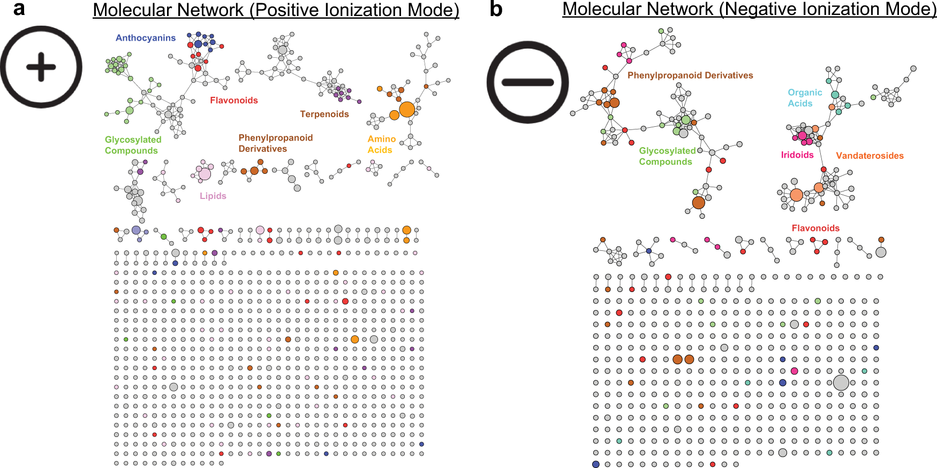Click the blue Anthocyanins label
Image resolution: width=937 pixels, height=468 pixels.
pos(146,38)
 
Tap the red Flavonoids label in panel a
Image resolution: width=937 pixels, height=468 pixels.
pos(233,101)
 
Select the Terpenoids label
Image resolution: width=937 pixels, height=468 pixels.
pos(324,114)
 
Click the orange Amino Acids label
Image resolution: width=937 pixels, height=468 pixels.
pos(381,144)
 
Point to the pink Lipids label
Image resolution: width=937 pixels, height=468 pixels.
pos(213,196)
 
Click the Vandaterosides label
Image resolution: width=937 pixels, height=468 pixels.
pos(870,156)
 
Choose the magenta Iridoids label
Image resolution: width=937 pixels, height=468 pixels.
pos(797,155)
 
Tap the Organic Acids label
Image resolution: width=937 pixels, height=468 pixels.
pos(804,98)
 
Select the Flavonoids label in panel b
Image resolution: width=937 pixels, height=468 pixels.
pos(815,228)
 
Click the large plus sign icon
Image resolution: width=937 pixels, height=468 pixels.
pos(41,67)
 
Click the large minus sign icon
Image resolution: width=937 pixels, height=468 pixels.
pos(527,82)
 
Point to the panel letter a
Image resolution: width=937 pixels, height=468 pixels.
pos(19,9)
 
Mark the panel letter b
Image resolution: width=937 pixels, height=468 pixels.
pos(496,9)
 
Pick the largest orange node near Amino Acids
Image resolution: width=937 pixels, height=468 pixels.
pos(407,109)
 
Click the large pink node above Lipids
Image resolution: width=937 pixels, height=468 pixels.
pos(205,173)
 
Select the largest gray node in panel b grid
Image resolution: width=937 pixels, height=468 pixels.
pos(841,382)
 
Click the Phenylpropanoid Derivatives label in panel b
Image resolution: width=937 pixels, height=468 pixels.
pos(690,75)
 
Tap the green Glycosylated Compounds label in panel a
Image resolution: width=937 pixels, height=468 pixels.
pos(133,145)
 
